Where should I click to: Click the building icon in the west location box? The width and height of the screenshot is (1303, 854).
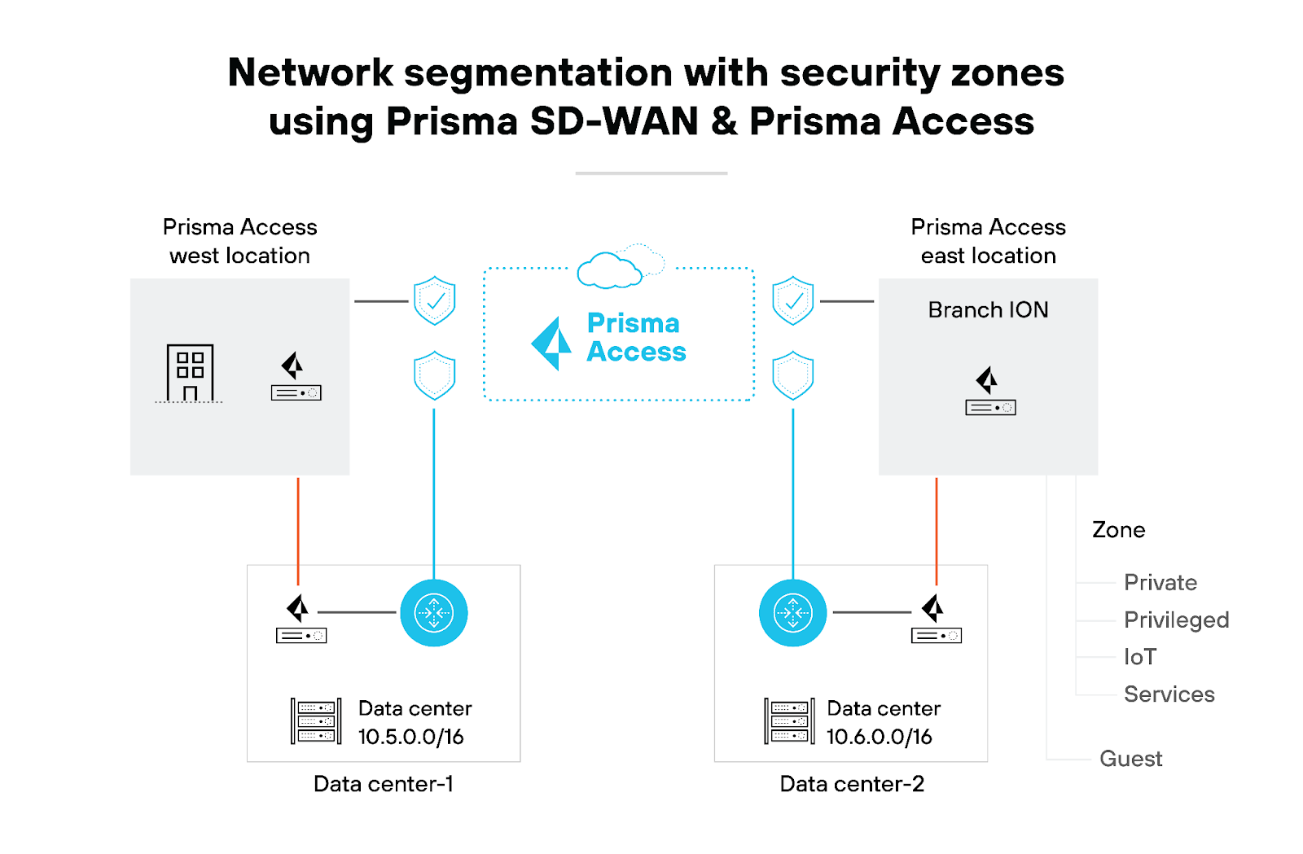[x=190, y=373]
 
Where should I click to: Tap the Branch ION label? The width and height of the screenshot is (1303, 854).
[x=988, y=310]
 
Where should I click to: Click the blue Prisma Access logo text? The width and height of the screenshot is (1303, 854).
[x=636, y=337]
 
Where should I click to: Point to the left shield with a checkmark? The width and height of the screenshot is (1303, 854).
[x=434, y=300]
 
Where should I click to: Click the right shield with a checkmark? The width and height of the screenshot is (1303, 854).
[x=792, y=300]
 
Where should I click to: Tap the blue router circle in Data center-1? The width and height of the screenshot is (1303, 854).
[x=434, y=612]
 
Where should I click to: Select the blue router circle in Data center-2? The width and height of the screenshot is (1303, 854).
[x=792, y=612]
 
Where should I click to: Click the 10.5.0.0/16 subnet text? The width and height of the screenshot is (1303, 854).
[x=410, y=737]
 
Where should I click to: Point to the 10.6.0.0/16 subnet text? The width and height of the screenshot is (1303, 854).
[x=879, y=737]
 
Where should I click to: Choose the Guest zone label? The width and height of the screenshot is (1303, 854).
[x=1130, y=759]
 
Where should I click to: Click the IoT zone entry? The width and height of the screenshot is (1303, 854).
[x=1139, y=657]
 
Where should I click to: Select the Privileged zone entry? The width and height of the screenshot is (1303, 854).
[x=1176, y=620]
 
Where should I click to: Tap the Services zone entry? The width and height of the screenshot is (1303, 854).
[x=1169, y=694]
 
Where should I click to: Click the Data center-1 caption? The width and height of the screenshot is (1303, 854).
[x=383, y=784]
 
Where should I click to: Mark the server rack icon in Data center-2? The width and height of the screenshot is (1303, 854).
[x=788, y=721]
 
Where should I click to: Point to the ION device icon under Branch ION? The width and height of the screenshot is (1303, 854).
[x=989, y=392]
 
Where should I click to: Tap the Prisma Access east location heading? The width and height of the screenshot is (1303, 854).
[x=988, y=241]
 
